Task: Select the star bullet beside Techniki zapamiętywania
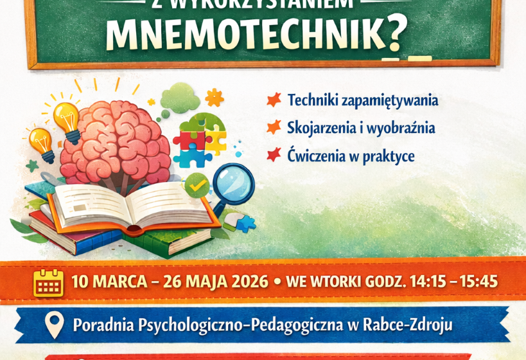pyautogui.click(x=274, y=100)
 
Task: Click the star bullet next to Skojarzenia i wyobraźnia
pyautogui.click(x=274, y=127)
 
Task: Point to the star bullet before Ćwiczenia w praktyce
pyautogui.click(x=274, y=155)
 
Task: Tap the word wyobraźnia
pyautogui.click(x=411, y=129)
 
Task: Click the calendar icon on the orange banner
pyautogui.click(x=48, y=282)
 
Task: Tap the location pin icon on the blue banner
pyautogui.click(x=55, y=325)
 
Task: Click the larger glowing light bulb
pyautogui.click(x=67, y=120)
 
